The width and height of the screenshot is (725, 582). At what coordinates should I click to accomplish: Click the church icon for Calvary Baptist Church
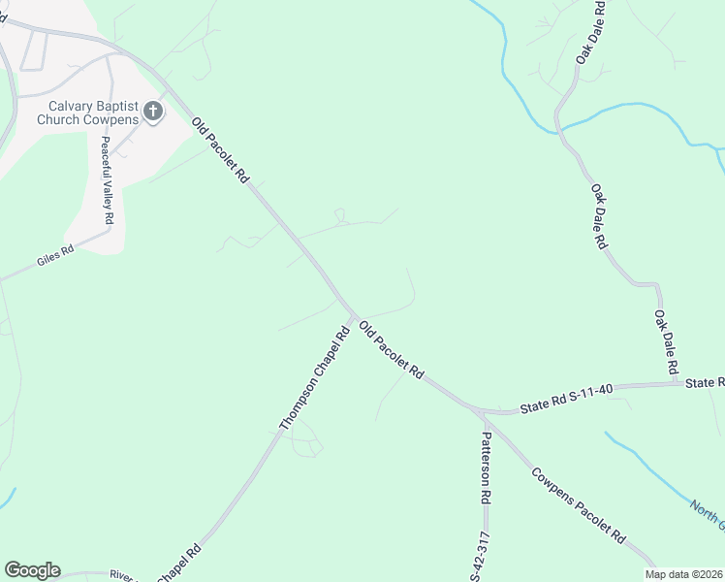(x=152, y=112)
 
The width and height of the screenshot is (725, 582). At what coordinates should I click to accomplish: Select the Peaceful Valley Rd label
(x=107, y=180)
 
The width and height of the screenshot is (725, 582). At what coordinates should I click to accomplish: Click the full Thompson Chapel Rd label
(x=314, y=379)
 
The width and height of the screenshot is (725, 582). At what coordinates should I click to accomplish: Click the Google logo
(x=32, y=570)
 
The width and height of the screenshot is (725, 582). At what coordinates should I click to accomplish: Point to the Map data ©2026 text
(x=684, y=574)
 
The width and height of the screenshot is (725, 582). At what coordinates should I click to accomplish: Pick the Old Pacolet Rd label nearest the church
(x=221, y=151)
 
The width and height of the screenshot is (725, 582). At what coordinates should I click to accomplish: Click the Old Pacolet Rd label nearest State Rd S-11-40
(x=392, y=351)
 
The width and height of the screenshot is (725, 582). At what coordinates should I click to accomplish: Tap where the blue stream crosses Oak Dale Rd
(x=559, y=126)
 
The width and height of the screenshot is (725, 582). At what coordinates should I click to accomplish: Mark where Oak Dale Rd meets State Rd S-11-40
(x=677, y=384)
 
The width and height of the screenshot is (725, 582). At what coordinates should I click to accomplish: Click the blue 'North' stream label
(x=707, y=513)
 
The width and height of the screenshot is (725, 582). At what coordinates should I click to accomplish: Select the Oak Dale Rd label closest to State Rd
(x=665, y=342)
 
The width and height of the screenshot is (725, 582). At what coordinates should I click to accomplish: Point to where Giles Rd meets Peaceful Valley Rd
(x=109, y=233)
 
